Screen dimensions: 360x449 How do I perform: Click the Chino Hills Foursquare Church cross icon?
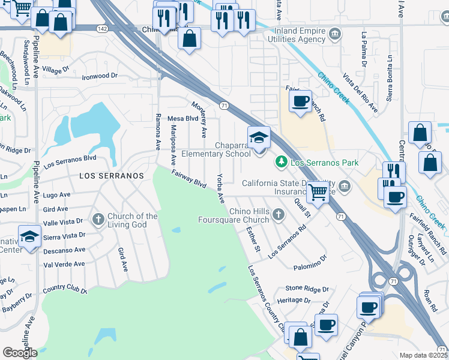(x=278, y=214)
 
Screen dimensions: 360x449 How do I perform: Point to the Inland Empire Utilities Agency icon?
(x=334, y=34)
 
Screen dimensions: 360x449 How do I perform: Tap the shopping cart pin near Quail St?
(x=317, y=193)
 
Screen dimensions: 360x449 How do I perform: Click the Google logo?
(x=20, y=352)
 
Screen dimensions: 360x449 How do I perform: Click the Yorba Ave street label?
(x=220, y=188)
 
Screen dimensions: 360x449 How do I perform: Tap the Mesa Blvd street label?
(x=182, y=119)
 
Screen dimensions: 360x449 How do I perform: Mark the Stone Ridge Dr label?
(x=307, y=289)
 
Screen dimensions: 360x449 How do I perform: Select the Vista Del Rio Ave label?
(x=360, y=93)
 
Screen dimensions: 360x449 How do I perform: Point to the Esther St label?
(x=253, y=239)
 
